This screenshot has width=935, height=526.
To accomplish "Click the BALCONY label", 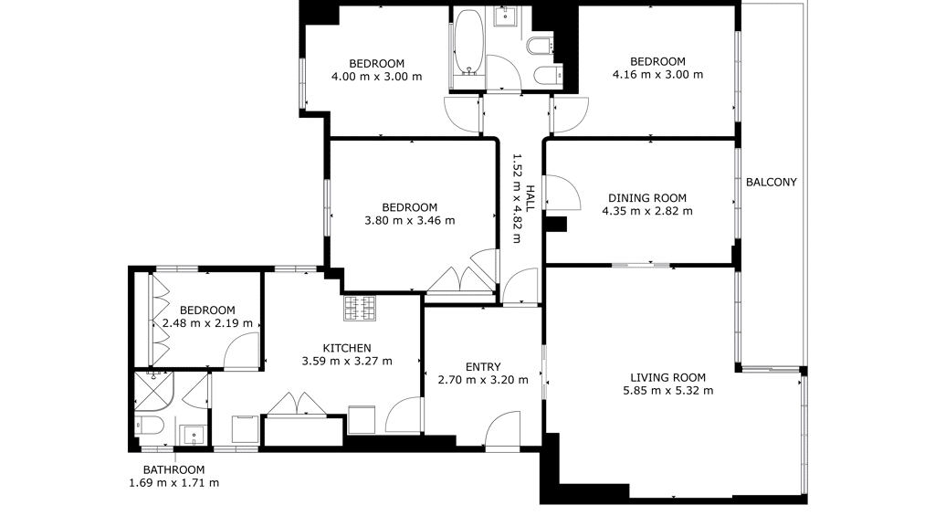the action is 771,183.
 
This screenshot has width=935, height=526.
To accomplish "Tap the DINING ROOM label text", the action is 647,198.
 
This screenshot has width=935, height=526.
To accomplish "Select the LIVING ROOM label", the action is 667,377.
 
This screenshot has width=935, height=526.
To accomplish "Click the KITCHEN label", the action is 347,348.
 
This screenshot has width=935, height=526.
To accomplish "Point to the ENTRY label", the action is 483,367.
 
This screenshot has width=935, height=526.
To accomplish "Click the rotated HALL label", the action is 530,198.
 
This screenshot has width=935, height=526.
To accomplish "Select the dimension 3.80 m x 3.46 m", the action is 410,221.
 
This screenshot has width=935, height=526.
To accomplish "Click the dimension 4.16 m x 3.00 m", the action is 657,75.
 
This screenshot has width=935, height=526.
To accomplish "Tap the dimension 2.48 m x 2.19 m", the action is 207,323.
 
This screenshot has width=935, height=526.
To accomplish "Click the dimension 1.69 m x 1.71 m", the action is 174,483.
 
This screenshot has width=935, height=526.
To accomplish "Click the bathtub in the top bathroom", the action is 468,42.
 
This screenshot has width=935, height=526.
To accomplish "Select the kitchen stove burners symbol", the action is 360,309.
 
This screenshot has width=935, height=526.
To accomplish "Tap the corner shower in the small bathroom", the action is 153,391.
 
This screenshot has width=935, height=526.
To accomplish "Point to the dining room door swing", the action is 562,192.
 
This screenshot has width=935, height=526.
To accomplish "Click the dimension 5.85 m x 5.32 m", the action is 667,391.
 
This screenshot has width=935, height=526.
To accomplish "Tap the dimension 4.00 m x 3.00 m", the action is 376,77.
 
